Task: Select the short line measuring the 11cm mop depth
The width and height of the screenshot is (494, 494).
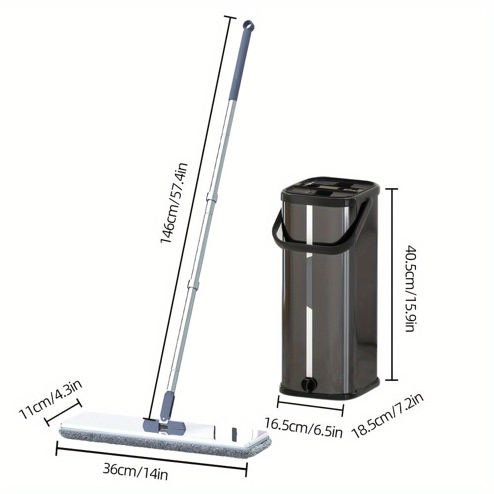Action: pos(63,412)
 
